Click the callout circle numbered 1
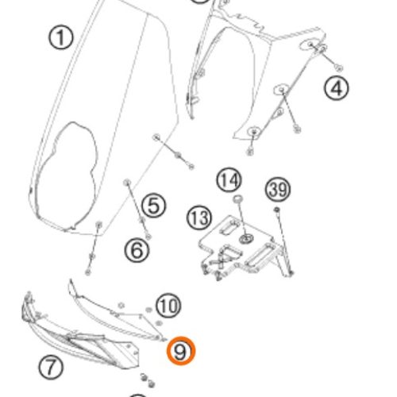(x=60, y=37)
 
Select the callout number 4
(x=337, y=88)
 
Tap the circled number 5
(x=154, y=206)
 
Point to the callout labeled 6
(x=137, y=250)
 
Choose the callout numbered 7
(x=51, y=367)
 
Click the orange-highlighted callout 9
(x=181, y=351)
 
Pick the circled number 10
(x=168, y=306)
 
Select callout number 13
(x=199, y=218)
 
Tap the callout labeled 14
(x=229, y=180)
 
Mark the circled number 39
(x=278, y=190)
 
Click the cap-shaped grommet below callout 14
(x=237, y=198)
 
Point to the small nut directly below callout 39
(x=276, y=210)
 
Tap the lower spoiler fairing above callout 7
(x=79, y=331)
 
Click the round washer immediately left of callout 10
(x=148, y=310)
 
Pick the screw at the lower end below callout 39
(x=291, y=272)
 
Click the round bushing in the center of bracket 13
(x=245, y=239)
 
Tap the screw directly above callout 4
(x=339, y=68)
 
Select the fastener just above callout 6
(x=148, y=237)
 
